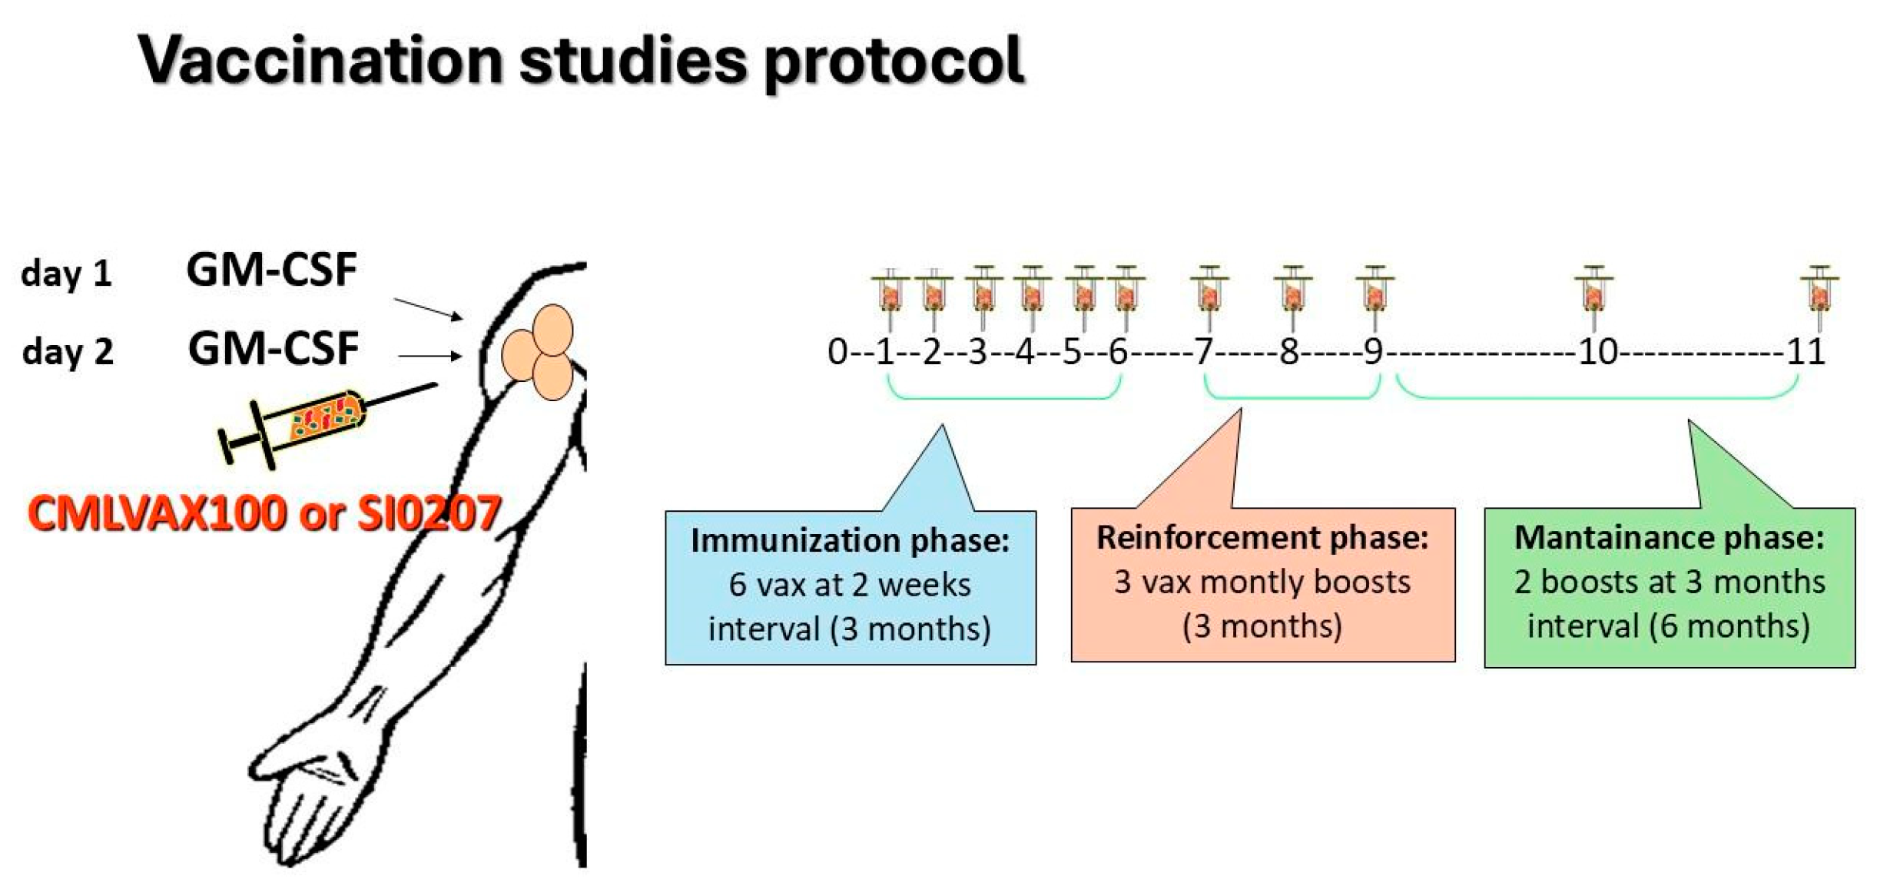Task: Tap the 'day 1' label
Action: pyautogui.click(x=66, y=274)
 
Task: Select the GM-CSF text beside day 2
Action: pyautogui.click(x=273, y=348)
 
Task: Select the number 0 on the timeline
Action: pyautogui.click(x=836, y=353)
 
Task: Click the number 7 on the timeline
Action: pyautogui.click(x=1203, y=353)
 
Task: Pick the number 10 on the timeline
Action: pyautogui.click(x=1597, y=353)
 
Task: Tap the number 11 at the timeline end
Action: pyautogui.click(x=1806, y=353)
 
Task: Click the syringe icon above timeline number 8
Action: pyautogui.click(x=1292, y=297)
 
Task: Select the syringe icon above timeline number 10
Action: pyautogui.click(x=1593, y=297)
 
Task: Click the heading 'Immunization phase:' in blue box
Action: pyautogui.click(x=850, y=540)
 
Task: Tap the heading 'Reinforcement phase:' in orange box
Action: pyautogui.click(x=1262, y=537)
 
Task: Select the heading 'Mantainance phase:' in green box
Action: pyautogui.click(x=1669, y=537)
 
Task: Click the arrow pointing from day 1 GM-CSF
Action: pyautogui.click(x=428, y=309)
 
